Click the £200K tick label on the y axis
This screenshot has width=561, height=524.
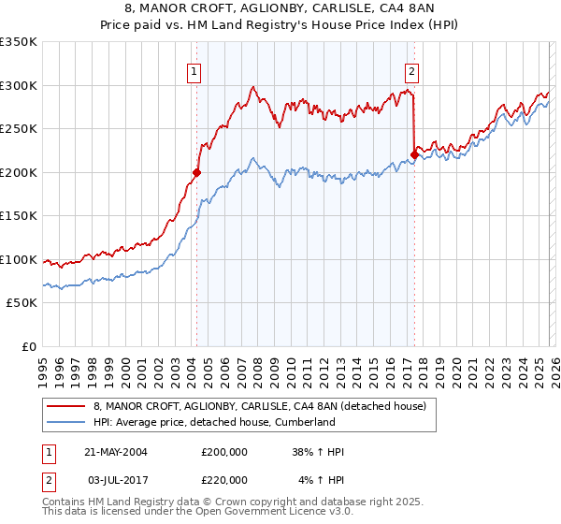(18, 172)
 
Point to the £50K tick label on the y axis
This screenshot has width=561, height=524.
(21, 303)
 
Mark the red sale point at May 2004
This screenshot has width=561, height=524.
(196, 172)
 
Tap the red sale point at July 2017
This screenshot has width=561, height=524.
(414, 154)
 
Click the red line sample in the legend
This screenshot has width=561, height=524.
(65, 406)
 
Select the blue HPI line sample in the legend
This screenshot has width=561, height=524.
(65, 422)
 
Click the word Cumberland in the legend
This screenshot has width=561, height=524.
(303, 422)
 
